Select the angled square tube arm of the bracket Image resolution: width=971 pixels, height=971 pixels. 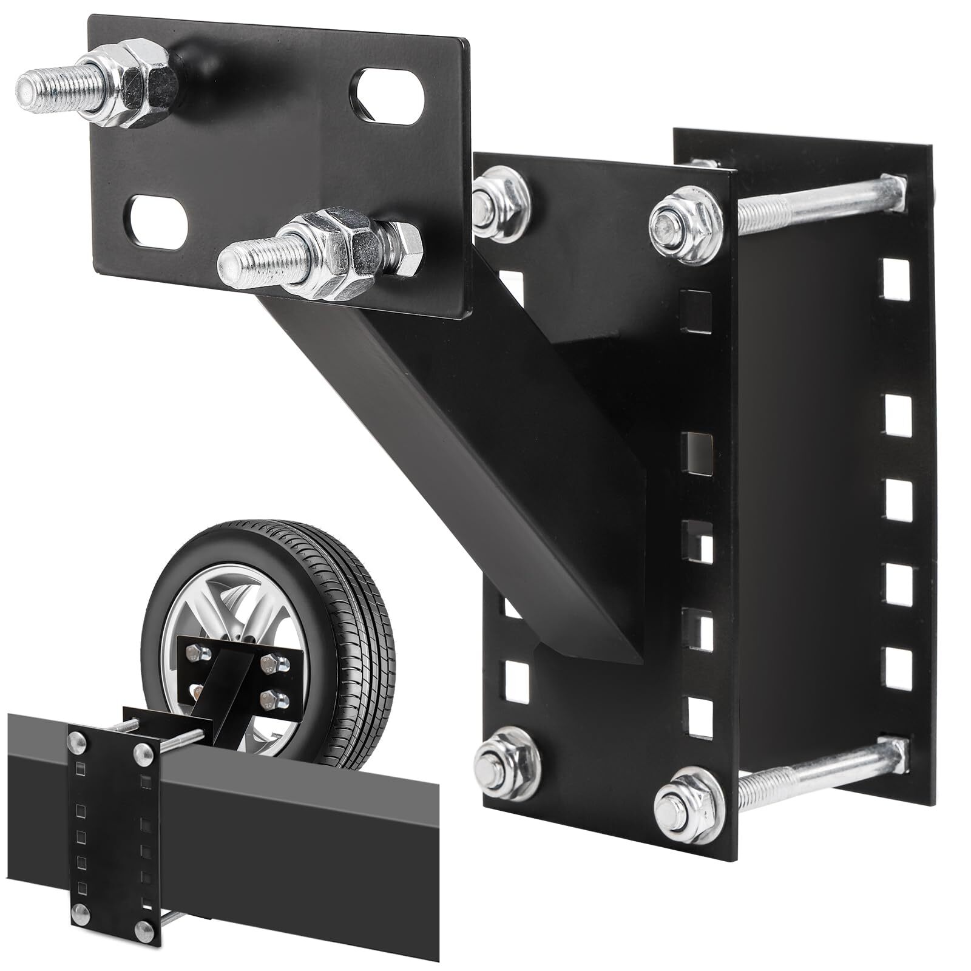point(461,437)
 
